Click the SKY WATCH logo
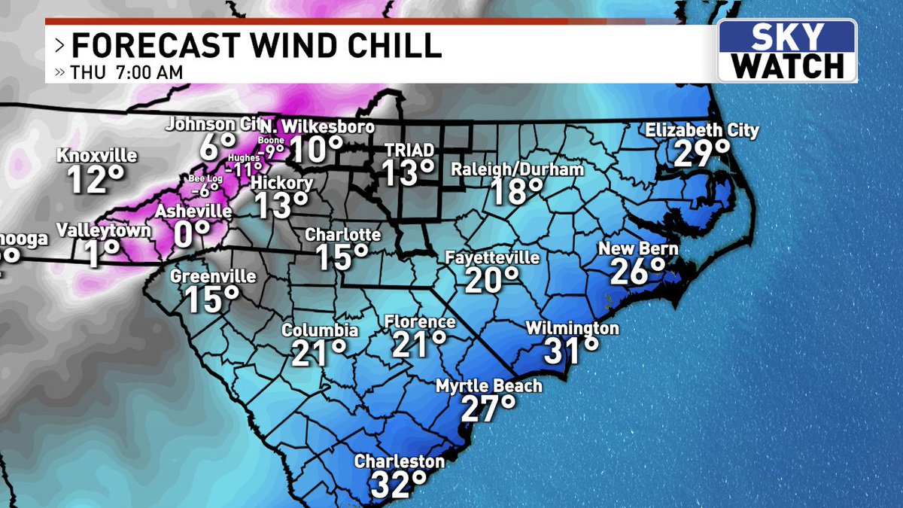(x=786, y=50)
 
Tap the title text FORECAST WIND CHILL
(x=256, y=47)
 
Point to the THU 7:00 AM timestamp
(x=124, y=73)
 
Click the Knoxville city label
(x=98, y=157)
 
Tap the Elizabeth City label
(x=701, y=131)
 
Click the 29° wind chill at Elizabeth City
(x=701, y=154)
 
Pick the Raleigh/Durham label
(x=517, y=169)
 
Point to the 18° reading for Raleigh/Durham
(x=518, y=192)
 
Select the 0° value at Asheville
(x=191, y=236)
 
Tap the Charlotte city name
(x=342, y=236)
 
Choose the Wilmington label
(x=572, y=328)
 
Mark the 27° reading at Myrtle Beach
(x=488, y=410)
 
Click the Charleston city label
(x=399, y=461)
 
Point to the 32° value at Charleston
(x=399, y=485)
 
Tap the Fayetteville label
(x=492, y=257)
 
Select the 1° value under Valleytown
(x=102, y=254)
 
